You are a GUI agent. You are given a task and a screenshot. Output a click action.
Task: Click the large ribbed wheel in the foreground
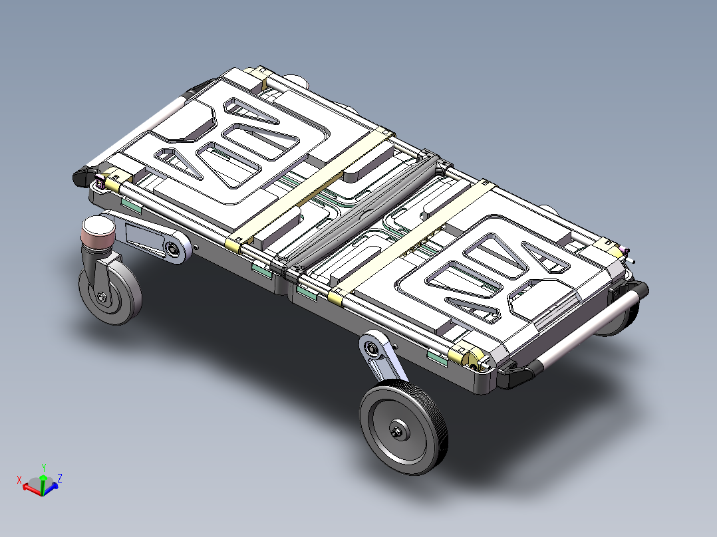click(x=404, y=429)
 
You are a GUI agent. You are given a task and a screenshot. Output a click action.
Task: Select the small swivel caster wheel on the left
click(x=110, y=293)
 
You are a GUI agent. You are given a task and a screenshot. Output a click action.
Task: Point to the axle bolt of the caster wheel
click(x=102, y=297)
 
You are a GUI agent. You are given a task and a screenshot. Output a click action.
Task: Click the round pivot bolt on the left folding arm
click(x=174, y=249)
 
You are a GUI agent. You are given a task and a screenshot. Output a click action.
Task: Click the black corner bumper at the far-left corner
click(x=82, y=175)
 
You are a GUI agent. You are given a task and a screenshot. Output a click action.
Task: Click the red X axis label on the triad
click(x=20, y=479)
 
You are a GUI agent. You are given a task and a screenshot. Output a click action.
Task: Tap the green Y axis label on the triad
click(x=43, y=467)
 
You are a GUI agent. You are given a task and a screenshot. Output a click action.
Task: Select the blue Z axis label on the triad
click(x=60, y=477)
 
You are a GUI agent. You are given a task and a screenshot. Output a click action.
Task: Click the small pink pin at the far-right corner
click(x=627, y=251)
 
